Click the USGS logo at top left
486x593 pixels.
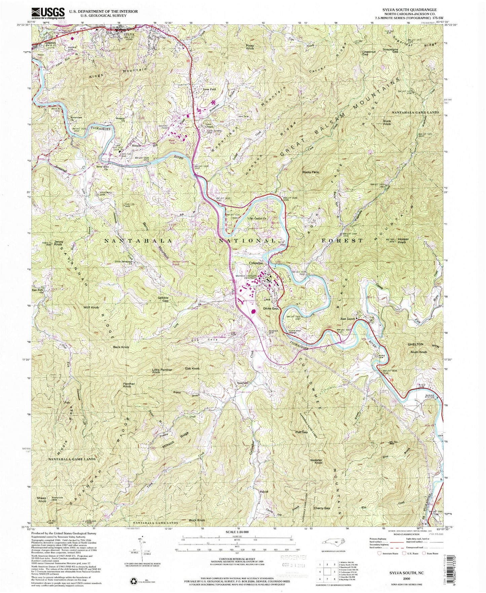click(47, 13)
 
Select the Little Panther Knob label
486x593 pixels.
click(162, 371)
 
